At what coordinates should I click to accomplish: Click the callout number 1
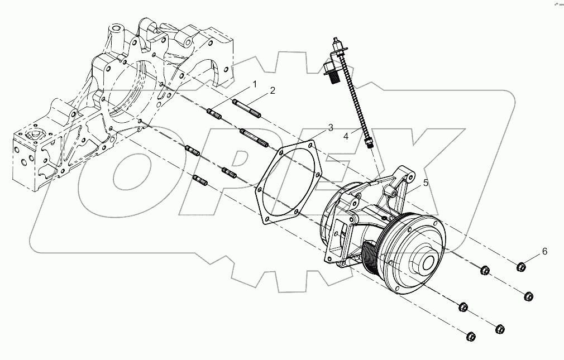click(x=254, y=85)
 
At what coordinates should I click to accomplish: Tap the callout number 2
click(x=272, y=91)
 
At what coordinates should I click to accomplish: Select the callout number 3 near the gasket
click(x=330, y=128)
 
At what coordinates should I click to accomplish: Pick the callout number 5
click(x=425, y=182)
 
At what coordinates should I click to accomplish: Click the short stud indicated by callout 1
click(x=215, y=114)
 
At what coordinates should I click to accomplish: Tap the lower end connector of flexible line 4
click(x=367, y=143)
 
